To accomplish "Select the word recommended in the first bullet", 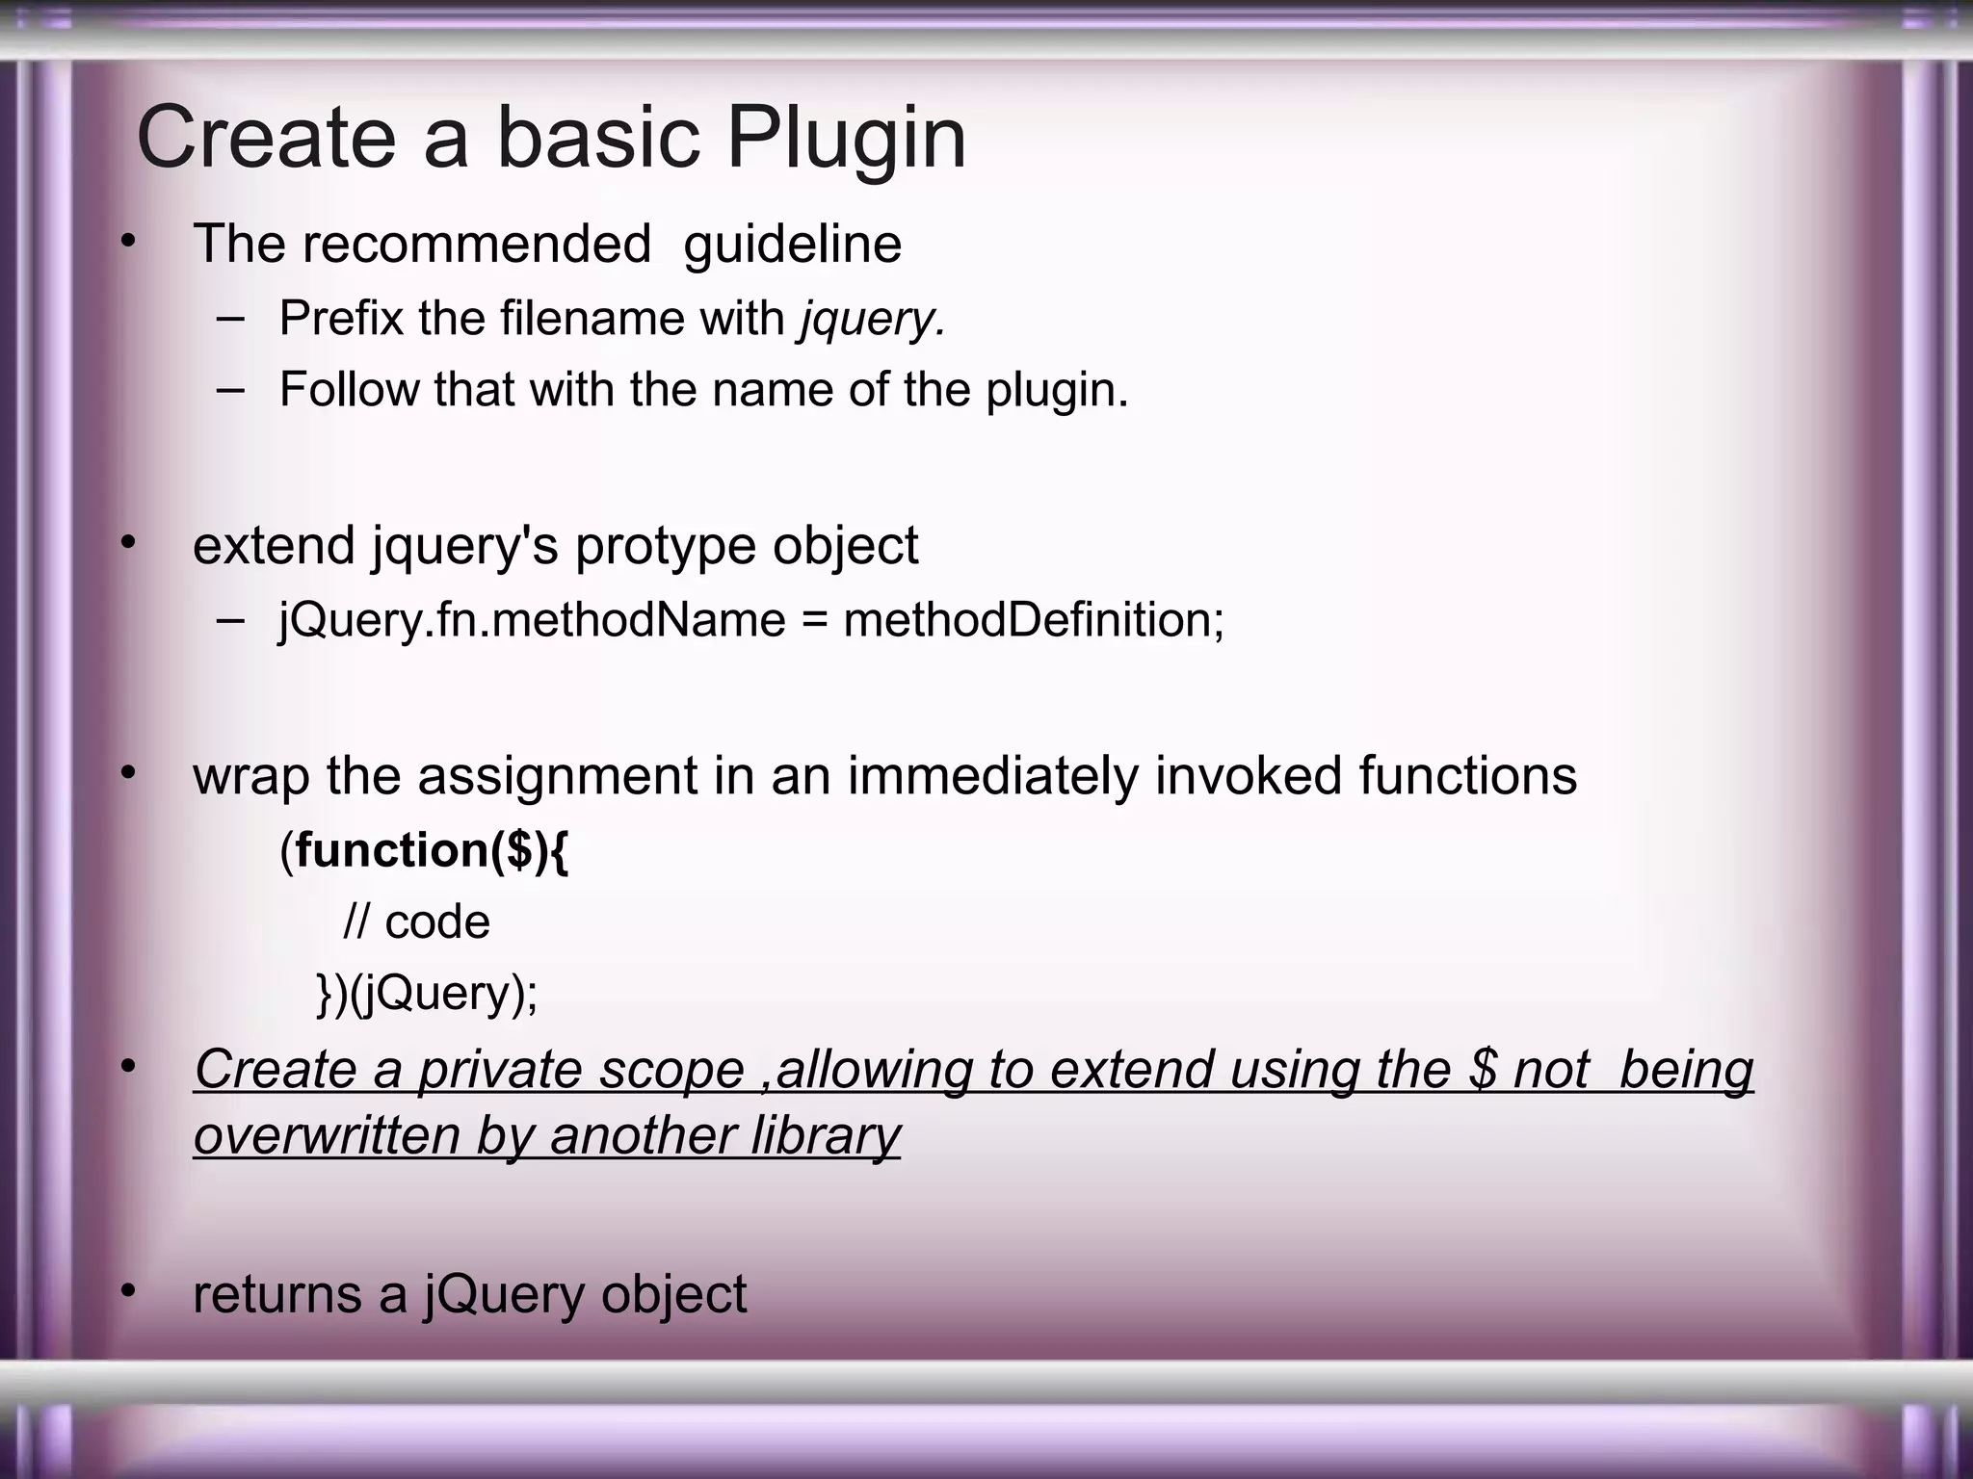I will (x=477, y=244).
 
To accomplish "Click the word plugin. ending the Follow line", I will (x=1056, y=390).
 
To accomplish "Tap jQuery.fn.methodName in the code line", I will (x=532, y=619).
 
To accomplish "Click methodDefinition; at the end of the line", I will (x=1034, y=619).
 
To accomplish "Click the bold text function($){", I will (x=432, y=850).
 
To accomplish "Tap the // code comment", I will (x=416, y=922).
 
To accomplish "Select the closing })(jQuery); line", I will (x=427, y=994).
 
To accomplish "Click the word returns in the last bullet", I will (x=276, y=1294).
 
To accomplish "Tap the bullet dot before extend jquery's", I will (x=128, y=544).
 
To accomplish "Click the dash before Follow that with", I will (x=230, y=390).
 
